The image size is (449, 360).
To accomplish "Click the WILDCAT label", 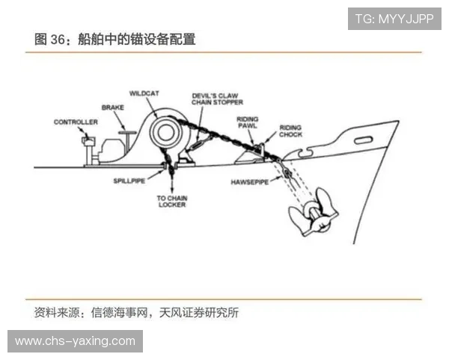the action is click(144, 94).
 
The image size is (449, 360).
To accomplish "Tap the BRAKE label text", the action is click(113, 108).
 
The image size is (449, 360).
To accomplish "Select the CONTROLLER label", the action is click(76, 122).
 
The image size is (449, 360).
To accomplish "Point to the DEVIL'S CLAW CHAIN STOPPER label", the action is click(217, 99).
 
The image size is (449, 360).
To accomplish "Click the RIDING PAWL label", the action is click(248, 122).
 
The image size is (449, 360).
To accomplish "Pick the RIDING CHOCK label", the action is click(290, 131).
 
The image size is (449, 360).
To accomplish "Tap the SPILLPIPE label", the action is click(129, 181).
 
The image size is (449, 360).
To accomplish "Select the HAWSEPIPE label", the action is click(250, 182).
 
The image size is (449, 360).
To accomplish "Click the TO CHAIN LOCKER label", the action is click(172, 201).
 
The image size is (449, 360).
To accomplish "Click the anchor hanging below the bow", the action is click(314, 212).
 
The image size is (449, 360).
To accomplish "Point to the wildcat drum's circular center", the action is click(165, 132).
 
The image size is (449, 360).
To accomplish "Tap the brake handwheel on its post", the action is click(127, 133).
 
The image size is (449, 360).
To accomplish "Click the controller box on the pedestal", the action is click(89, 140).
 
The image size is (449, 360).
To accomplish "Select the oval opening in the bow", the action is click(364, 140).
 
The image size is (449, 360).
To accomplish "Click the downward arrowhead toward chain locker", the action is click(172, 190).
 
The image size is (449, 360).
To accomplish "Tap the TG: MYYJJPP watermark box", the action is click(394, 19).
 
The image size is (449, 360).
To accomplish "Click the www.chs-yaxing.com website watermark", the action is click(75, 341).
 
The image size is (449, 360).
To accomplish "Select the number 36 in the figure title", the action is click(58, 39).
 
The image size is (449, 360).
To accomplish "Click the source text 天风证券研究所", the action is click(199, 313).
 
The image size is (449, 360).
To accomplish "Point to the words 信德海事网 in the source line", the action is click(120, 313).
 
